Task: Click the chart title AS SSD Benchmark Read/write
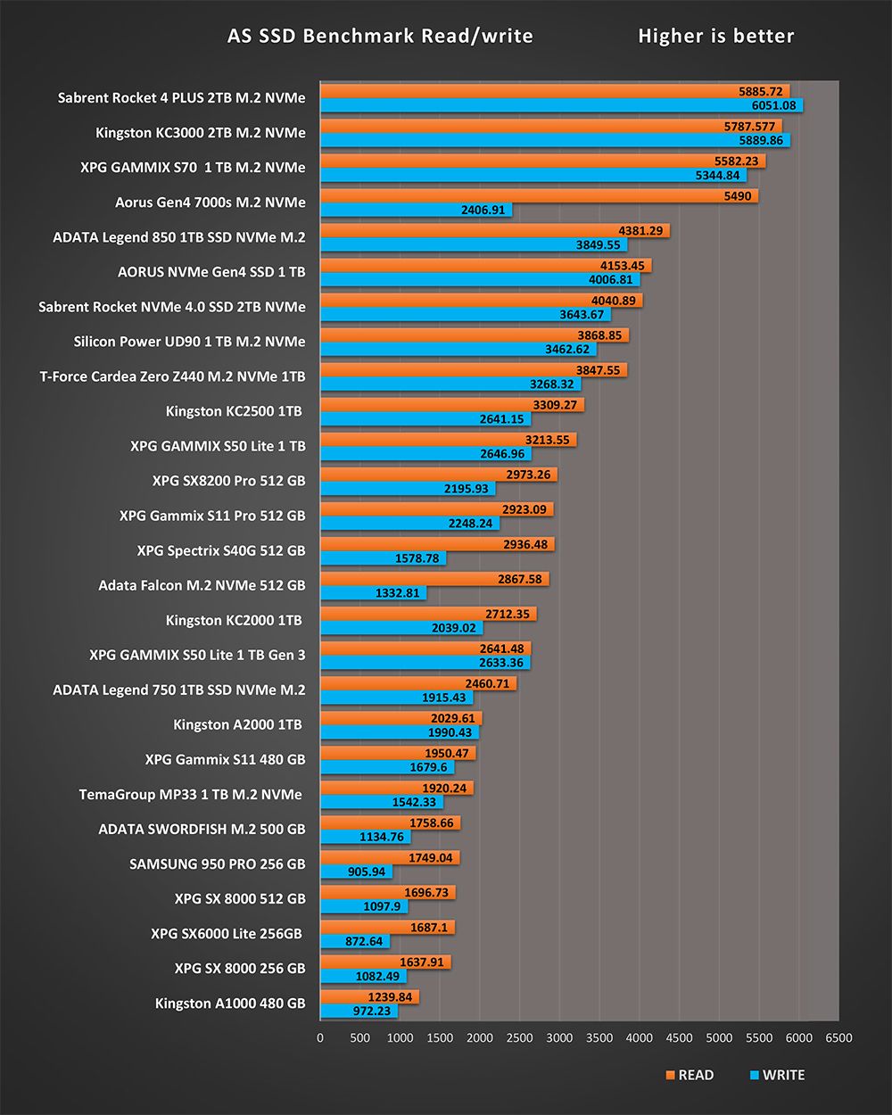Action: pos(380,37)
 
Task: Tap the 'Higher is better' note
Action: pos(715,37)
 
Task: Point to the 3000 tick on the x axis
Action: pos(559,1037)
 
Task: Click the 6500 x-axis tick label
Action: pos(838,1037)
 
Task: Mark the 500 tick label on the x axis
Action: pos(360,1037)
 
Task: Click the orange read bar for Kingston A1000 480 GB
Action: pos(369,997)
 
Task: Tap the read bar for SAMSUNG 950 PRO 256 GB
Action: pos(390,858)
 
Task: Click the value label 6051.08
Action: pos(773,106)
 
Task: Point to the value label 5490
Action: pos(738,196)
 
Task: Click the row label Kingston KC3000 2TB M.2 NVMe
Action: pos(200,133)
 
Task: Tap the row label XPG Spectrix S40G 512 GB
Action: pos(220,550)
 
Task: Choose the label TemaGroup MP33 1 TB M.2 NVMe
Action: pos(190,794)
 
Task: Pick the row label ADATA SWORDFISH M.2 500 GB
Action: pos(202,830)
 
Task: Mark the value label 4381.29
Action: pos(640,231)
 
